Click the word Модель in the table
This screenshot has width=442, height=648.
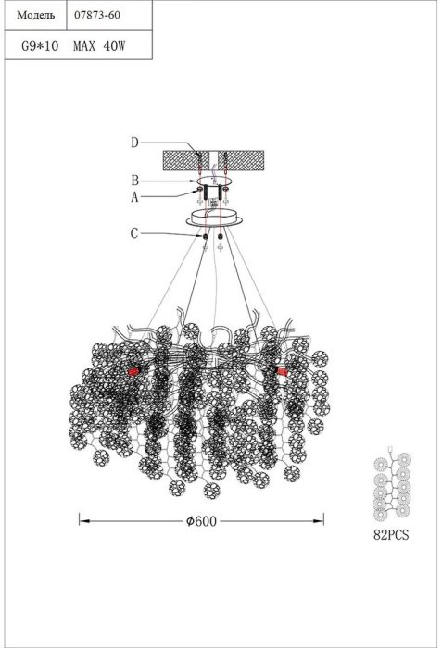[35, 16]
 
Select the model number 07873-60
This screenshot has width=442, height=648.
[97, 15]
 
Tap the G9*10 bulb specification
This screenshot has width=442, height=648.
[40, 45]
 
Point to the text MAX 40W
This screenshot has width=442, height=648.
[99, 45]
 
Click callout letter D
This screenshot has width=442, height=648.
[134, 143]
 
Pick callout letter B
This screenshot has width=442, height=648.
[134, 181]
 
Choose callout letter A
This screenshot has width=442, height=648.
[134, 197]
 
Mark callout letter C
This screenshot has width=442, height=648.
[134, 233]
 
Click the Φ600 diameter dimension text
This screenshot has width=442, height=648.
[201, 521]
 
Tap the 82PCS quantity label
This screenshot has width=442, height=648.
[391, 535]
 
